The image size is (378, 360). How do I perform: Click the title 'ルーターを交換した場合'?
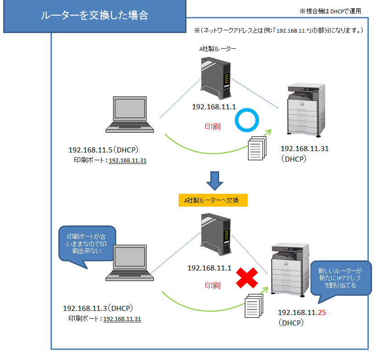point(94,16)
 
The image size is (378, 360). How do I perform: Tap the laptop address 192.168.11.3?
point(85,308)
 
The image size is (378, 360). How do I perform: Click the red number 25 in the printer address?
point(322,313)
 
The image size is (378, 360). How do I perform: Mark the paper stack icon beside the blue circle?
point(257,150)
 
